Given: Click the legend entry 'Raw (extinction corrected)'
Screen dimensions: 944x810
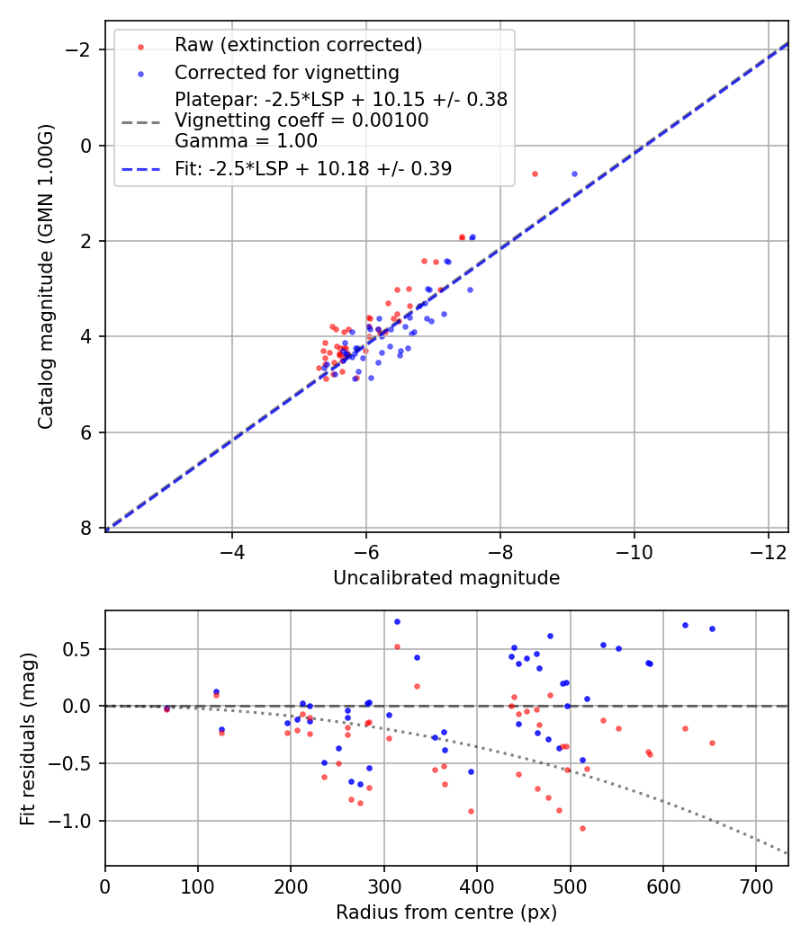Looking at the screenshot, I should pos(298,45).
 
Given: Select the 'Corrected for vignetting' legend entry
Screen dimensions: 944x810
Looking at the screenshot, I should pos(286,72).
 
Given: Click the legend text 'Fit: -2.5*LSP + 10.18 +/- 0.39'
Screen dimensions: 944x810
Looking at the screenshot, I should pos(313,168).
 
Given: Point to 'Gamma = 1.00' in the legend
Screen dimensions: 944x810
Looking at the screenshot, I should pos(246,140).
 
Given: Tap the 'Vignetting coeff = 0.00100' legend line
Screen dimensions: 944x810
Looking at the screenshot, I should pos(301,120).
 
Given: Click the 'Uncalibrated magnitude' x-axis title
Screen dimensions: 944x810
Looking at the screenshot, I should pos(446,578).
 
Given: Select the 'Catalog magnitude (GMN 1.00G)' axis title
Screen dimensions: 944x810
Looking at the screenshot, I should pos(46,277).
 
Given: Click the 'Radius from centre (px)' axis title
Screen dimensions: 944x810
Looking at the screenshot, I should pos(446,913).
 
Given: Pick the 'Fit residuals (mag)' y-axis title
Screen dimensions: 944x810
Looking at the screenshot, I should pos(28,738).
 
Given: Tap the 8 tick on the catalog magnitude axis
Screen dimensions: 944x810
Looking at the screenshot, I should pos(86,528).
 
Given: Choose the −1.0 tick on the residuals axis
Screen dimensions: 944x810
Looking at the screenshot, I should pos(75,821).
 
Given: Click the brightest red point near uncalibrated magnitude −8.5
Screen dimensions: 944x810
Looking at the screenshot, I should pos(535,174).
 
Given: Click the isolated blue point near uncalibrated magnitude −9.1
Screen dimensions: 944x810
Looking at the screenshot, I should pos(574,174).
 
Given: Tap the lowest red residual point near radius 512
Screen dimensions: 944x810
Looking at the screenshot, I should pos(582,828).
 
